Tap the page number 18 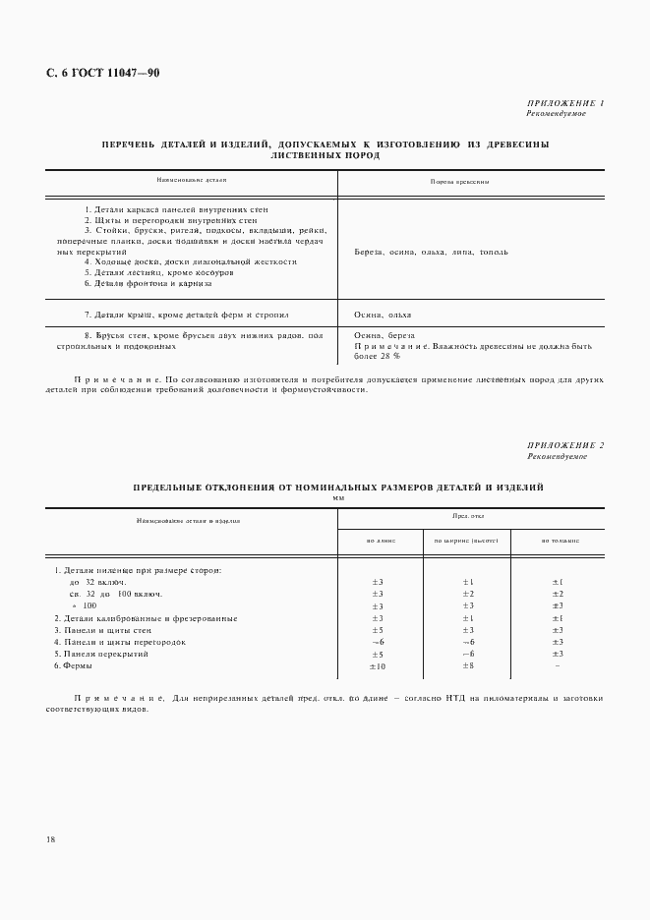click(49, 839)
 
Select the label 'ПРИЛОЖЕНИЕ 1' click(566, 103)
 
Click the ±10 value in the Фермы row click(377, 666)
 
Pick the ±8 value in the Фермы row click(468, 666)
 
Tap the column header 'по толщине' click(559, 541)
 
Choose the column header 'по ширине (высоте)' click(467, 541)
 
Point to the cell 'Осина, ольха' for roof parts click(383, 315)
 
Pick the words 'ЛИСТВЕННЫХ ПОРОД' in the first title click(325, 155)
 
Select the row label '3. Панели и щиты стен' click(102, 629)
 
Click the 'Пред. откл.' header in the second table click(468, 515)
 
